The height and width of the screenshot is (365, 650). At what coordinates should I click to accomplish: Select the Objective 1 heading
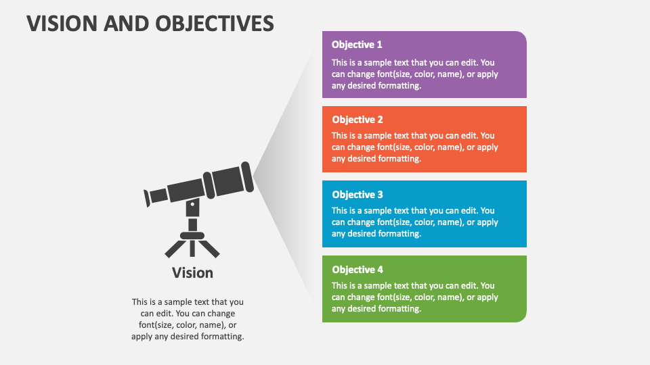coord(357,45)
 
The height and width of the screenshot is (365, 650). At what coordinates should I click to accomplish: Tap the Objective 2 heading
coord(357,120)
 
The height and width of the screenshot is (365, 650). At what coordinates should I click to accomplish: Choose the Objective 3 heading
coord(357,195)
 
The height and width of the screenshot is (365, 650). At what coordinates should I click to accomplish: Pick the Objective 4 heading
coord(357,270)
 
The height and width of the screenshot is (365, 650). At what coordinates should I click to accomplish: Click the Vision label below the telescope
coord(192,273)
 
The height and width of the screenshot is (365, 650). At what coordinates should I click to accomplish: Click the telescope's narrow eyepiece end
coord(148,198)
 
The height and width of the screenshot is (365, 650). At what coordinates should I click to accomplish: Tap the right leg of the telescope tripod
coord(211,249)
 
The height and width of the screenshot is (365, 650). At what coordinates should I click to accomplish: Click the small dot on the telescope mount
coord(192,204)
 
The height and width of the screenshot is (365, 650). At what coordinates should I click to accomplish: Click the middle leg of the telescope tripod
coord(192,248)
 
